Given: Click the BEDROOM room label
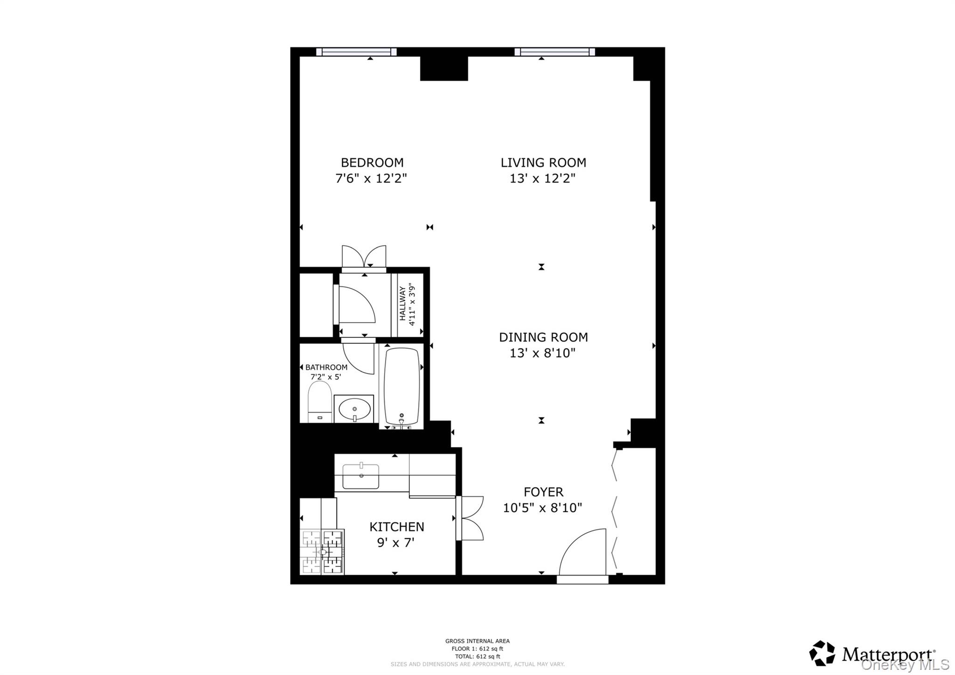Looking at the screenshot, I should (x=372, y=162).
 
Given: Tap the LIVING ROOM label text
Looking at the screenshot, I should (x=543, y=162).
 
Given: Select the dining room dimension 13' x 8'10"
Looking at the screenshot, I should (x=542, y=353).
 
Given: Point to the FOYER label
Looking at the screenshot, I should (x=543, y=492).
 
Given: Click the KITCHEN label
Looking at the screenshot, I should (x=396, y=527).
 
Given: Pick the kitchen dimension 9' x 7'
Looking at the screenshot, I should (x=395, y=543).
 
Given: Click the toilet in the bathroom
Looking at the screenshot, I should (x=319, y=402).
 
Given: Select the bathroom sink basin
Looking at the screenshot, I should (x=354, y=409).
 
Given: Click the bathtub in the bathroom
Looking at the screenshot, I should (x=401, y=386).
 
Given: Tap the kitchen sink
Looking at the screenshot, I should (x=360, y=476).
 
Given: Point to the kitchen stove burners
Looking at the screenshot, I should (x=322, y=552).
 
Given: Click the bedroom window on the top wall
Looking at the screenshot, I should (x=356, y=52).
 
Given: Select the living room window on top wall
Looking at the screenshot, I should (x=554, y=52).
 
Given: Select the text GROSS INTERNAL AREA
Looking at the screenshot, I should (x=477, y=641).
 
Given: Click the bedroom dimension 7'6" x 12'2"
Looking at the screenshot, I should (x=371, y=179).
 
